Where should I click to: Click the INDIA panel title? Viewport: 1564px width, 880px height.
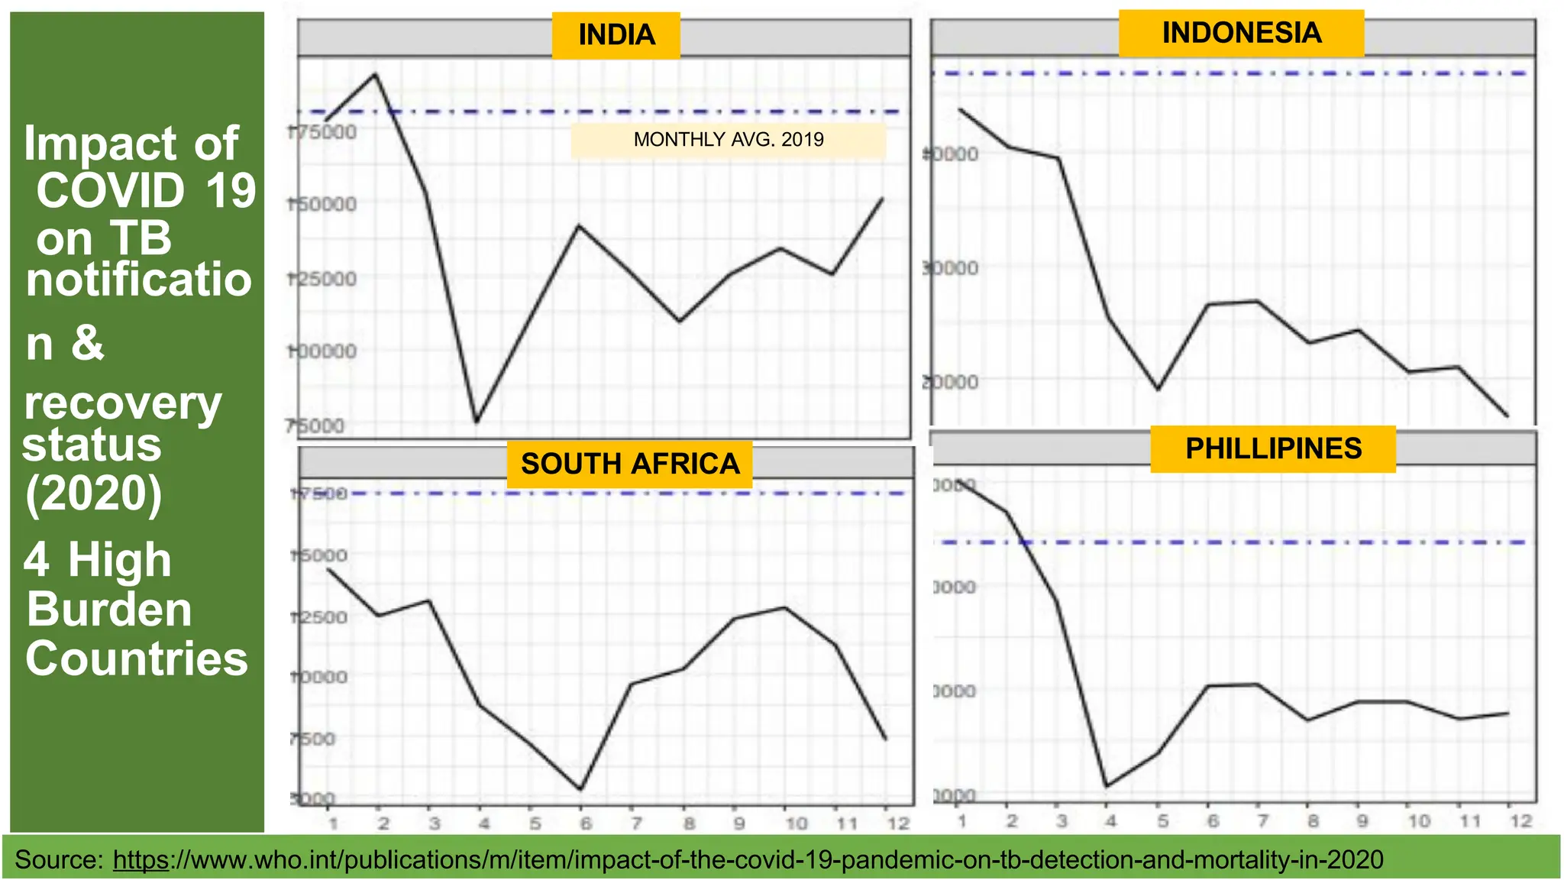click(x=616, y=35)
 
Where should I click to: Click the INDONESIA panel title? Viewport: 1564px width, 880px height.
click(x=1241, y=33)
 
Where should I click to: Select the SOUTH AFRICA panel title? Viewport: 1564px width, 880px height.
click(x=629, y=464)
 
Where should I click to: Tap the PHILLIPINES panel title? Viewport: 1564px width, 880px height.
click(x=1273, y=448)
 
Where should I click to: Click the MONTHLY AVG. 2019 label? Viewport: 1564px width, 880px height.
click(x=729, y=140)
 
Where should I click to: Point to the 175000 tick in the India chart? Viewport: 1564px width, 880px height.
click(x=322, y=132)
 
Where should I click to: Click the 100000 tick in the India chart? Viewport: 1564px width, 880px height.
click(x=322, y=351)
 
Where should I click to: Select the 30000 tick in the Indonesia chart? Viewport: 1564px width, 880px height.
click(x=950, y=268)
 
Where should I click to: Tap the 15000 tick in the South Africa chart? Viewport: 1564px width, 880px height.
click(x=319, y=555)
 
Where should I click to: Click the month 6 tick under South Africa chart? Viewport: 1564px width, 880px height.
click(x=586, y=823)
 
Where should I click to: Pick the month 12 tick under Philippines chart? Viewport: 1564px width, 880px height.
click(x=1520, y=821)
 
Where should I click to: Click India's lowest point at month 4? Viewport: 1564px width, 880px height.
click(x=477, y=421)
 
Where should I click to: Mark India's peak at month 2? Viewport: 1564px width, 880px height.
click(x=375, y=74)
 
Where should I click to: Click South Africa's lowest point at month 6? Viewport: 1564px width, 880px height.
click(x=581, y=789)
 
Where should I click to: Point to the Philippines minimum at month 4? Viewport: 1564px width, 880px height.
click(x=1107, y=786)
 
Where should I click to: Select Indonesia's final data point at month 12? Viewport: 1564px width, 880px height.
click(x=1507, y=416)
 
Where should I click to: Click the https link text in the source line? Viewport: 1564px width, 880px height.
click(x=141, y=860)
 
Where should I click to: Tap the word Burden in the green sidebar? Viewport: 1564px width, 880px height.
click(x=109, y=610)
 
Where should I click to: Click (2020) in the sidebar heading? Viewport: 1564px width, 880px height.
click(x=93, y=493)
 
